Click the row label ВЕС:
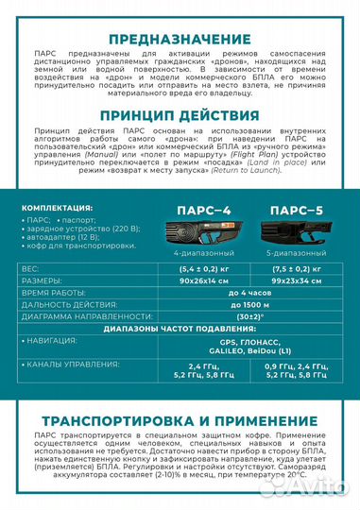coord(31,269)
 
